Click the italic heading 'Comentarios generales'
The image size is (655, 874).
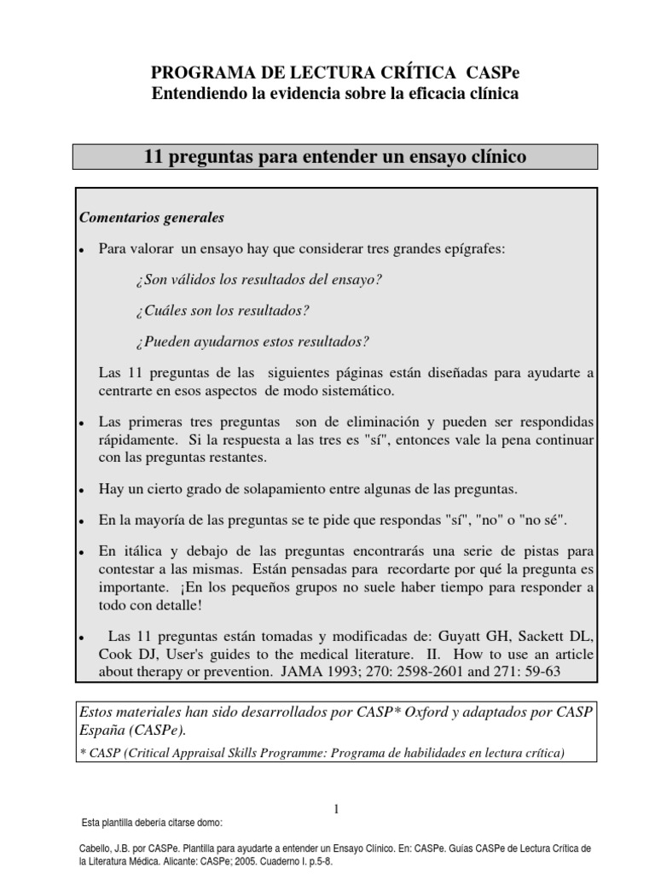coord(151,218)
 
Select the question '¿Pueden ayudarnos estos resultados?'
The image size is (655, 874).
coord(252,341)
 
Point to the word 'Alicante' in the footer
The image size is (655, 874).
coord(200,862)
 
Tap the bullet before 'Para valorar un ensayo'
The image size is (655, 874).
coord(80,250)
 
